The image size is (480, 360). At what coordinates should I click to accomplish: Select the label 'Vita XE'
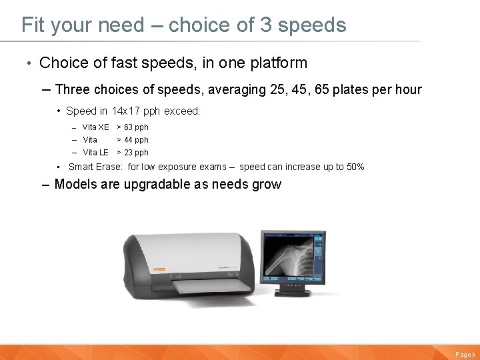pyautogui.click(x=95, y=127)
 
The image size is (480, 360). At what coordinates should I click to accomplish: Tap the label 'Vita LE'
pyautogui.click(x=95, y=153)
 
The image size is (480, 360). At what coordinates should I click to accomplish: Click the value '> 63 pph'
pyautogui.click(x=133, y=127)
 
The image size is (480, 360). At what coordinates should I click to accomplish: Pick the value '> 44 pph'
pyautogui.click(x=133, y=140)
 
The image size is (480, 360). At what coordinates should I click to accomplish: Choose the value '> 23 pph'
pyautogui.click(x=133, y=153)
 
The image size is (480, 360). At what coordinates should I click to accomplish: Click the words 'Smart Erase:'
pyautogui.click(x=96, y=167)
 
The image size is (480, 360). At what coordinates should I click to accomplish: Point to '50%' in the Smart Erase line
pyautogui.click(x=355, y=167)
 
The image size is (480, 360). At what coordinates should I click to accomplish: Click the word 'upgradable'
pyautogui.click(x=155, y=185)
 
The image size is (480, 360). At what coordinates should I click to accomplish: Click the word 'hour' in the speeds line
pyautogui.click(x=407, y=89)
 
